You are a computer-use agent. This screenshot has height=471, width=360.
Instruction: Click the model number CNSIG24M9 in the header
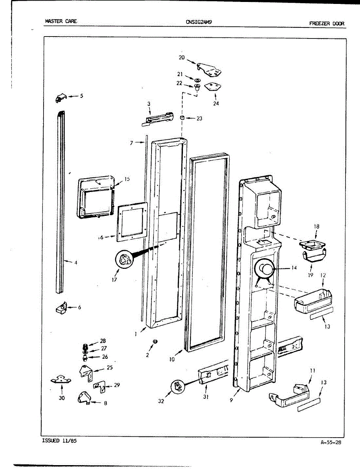point(199,22)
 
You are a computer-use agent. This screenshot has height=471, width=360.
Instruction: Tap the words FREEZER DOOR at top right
point(326,24)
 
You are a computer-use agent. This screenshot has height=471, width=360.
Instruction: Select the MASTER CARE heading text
point(60,22)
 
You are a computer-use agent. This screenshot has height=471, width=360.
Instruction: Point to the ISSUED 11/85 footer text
point(59,441)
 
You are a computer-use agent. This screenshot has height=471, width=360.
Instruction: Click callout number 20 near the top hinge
point(181,57)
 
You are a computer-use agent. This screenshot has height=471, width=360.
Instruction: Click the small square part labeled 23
point(183,118)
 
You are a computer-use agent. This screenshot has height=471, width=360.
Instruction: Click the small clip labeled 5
point(60,98)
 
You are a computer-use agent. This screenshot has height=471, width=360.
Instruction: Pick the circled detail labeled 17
point(124,260)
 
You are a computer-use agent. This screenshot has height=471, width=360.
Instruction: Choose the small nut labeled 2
point(155,341)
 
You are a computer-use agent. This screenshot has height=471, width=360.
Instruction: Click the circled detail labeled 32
point(178,387)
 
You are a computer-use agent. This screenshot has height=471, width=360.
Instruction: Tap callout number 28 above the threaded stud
point(103,341)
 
